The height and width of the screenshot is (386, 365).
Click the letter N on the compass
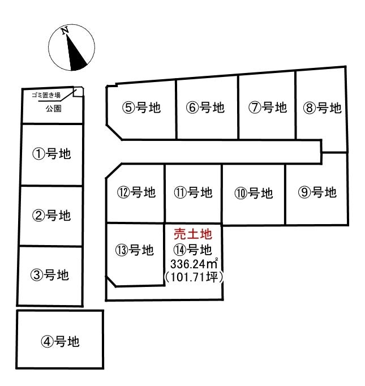click(65, 31)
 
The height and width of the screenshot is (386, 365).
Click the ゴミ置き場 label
click(46, 95)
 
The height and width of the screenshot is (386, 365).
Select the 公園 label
click(54, 109)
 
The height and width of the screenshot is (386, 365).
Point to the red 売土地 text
click(193, 234)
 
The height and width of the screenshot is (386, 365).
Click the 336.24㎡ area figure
click(194, 264)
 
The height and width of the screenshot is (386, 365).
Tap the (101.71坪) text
click(194, 277)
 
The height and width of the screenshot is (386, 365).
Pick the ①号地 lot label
click(51, 154)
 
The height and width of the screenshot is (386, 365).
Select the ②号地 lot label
click(51, 216)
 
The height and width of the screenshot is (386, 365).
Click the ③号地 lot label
click(50, 275)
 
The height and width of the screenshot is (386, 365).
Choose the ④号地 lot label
click(61, 341)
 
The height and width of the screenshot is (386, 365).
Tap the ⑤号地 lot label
click(141, 108)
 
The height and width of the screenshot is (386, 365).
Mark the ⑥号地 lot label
click(205, 108)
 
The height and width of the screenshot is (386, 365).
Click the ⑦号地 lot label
click(268, 108)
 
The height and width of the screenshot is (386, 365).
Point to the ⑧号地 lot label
click(323, 108)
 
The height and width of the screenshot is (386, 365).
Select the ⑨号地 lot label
click(317, 192)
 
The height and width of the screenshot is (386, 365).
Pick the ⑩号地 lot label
click(254, 193)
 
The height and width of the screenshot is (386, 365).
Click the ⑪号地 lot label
click(193, 192)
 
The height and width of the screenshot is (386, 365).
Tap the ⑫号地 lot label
click(136, 192)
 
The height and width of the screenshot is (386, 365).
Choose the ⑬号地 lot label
click(135, 250)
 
